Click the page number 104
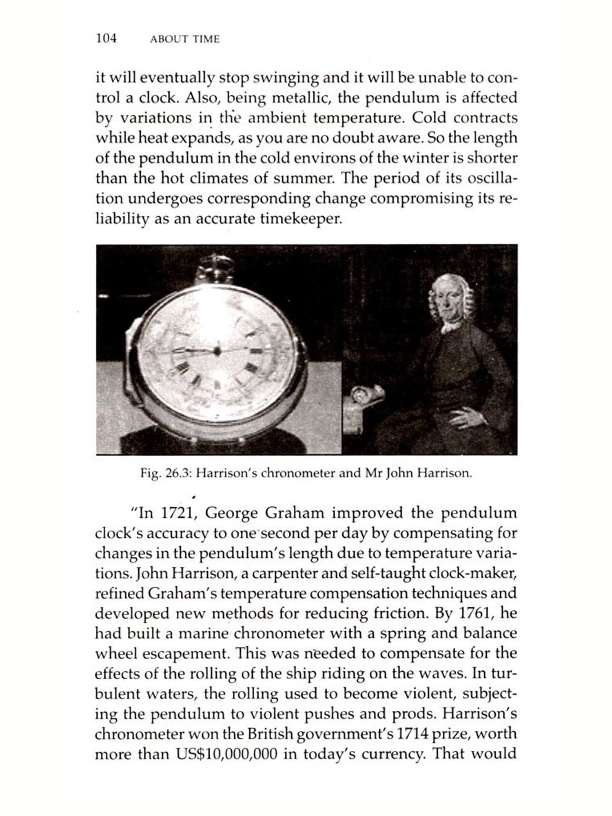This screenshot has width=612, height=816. [x=106, y=38]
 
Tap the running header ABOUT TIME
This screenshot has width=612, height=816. [x=184, y=39]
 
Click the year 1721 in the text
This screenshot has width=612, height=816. [x=176, y=513]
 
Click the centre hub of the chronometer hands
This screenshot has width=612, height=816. [x=217, y=350]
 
